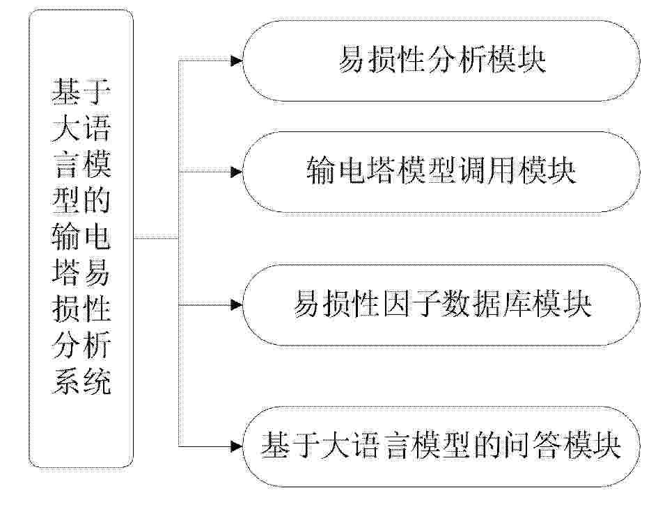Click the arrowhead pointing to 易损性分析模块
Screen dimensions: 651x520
237,61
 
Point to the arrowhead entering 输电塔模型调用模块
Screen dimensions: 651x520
237,171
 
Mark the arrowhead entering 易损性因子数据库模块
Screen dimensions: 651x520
237,304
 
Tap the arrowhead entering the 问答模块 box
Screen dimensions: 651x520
237,446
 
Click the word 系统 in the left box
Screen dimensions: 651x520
81,382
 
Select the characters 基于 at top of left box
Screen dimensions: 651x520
81,92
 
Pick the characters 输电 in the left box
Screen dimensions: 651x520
81,238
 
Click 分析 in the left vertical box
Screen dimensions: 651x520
81,346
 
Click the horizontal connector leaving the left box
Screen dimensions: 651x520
156,238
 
